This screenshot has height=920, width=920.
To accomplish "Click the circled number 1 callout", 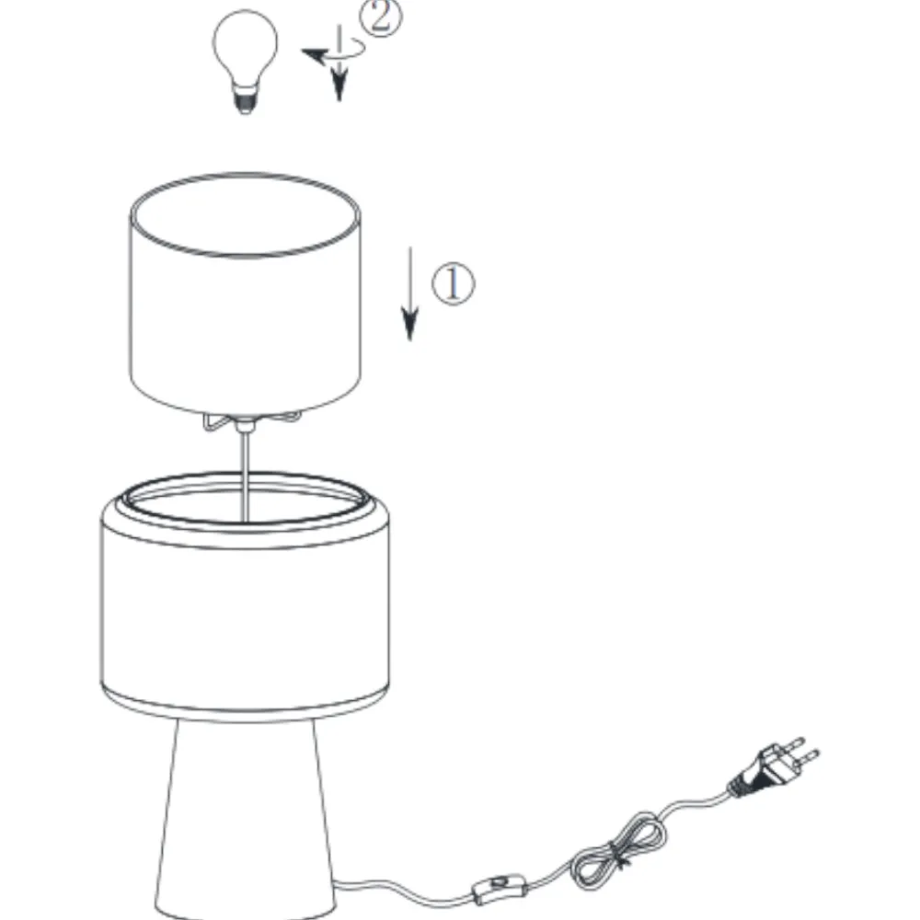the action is [x=453, y=284].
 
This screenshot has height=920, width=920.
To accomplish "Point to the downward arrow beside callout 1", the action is [x=409, y=293].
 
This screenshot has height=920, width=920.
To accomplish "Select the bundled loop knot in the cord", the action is [x=619, y=848].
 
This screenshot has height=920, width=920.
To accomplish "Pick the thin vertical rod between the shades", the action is [x=245, y=476].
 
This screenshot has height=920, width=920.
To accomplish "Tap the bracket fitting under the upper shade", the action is [x=251, y=421].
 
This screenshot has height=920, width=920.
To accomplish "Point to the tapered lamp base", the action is [x=245, y=822].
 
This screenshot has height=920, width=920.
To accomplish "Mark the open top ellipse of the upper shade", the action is [x=245, y=214].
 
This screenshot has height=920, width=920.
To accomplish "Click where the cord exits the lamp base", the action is [x=337, y=883].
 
